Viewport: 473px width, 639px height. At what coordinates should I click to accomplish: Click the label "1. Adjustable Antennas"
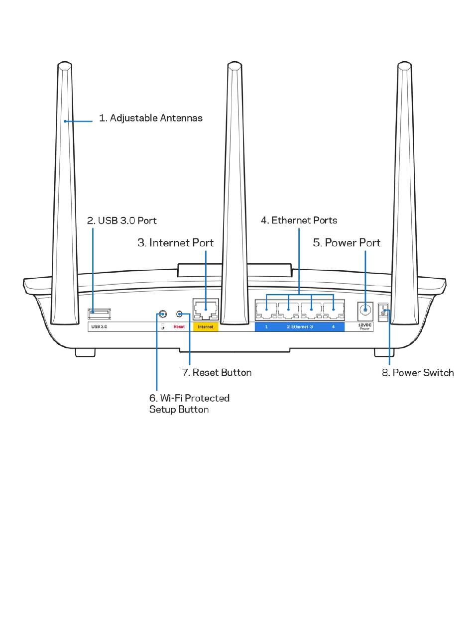pyautogui.click(x=150, y=118)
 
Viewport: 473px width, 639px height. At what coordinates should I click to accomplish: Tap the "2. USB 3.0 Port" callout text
pyautogui.click(x=121, y=220)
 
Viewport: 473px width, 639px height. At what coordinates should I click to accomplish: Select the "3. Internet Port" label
pyautogui.click(x=175, y=243)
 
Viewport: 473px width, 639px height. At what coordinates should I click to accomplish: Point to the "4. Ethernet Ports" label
pyautogui.click(x=299, y=220)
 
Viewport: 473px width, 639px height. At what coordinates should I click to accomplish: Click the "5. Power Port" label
pyautogui.click(x=347, y=243)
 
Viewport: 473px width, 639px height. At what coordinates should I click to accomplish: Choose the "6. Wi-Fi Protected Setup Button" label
pyautogui.click(x=189, y=404)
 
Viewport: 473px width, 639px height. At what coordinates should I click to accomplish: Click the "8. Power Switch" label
pyautogui.click(x=418, y=373)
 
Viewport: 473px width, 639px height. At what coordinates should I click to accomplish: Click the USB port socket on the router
pyautogui.click(x=100, y=314)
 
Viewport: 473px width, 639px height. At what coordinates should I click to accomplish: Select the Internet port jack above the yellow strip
pyautogui.click(x=206, y=311)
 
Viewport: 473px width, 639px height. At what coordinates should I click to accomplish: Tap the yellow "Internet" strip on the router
pyautogui.click(x=206, y=327)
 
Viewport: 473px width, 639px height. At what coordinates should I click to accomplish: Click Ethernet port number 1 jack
pyautogui.click(x=266, y=311)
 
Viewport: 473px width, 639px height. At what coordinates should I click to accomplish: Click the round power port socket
pyautogui.click(x=365, y=310)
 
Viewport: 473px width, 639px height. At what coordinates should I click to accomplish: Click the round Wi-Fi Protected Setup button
pyautogui.click(x=162, y=315)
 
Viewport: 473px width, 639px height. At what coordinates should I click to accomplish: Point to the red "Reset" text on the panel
pyautogui.click(x=179, y=327)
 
